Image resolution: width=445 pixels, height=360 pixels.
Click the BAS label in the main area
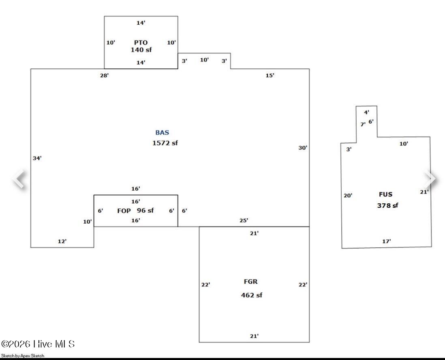pyautogui.click(x=162, y=132)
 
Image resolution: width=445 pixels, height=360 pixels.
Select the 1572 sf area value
pyautogui.click(x=165, y=143)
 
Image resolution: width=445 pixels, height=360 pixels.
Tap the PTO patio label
pyautogui.click(x=141, y=43)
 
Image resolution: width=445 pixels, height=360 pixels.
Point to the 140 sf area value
pyautogui.click(x=141, y=50)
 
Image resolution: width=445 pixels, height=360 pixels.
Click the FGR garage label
pyautogui.click(x=251, y=282)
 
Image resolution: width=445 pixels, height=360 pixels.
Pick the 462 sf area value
pyautogui.click(x=251, y=295)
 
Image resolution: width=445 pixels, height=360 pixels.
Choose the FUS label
pyautogui.click(x=385, y=194)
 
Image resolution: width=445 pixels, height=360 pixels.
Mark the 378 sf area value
pyautogui.click(x=387, y=205)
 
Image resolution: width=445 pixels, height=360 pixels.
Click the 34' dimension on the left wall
pyautogui.click(x=37, y=158)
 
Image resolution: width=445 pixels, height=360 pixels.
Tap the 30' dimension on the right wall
pyautogui.click(x=303, y=148)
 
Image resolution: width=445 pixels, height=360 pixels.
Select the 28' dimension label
pyautogui.click(x=104, y=75)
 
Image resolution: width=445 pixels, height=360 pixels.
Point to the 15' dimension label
pyautogui.click(x=270, y=75)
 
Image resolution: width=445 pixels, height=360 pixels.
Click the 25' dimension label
pyautogui.click(x=244, y=220)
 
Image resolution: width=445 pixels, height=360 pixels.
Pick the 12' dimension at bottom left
pyautogui.click(x=62, y=241)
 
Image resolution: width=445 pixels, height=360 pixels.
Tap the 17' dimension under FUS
pyautogui.click(x=387, y=241)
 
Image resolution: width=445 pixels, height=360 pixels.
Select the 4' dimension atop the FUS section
pyautogui.click(x=366, y=113)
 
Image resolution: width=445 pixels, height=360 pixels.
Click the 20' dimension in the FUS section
pyautogui.click(x=348, y=196)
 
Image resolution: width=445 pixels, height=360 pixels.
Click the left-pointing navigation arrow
pyautogui.click(x=19, y=179)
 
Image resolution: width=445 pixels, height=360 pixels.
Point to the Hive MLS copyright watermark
pyautogui.click(x=38, y=344)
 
